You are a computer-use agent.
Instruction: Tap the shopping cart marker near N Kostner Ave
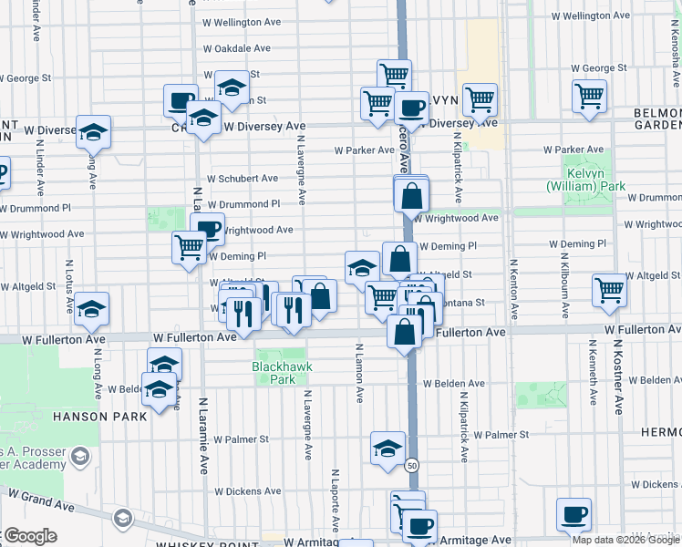pos(609,291)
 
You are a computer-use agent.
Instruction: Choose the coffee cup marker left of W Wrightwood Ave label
pos(208,228)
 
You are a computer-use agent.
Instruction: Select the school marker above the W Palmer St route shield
pos(387,447)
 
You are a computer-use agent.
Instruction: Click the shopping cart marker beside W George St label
pos(589,94)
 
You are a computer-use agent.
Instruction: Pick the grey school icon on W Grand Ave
pos(122,519)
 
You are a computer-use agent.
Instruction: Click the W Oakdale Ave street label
pos(237,48)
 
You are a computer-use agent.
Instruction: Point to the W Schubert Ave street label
pos(243,179)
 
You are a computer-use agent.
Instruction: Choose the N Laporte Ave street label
pos(336,500)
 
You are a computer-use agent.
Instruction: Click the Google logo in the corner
pos(30,536)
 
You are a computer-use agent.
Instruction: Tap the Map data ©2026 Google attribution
pos(623,540)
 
